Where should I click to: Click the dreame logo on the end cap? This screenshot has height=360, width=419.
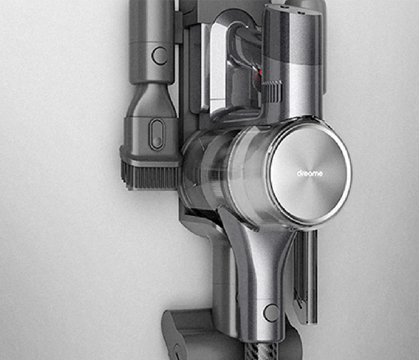[310, 174]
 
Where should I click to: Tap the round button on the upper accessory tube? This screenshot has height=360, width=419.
[160, 56]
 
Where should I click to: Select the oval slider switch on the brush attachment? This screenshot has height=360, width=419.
[157, 134]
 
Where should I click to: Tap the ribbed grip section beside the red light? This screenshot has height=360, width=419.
[272, 93]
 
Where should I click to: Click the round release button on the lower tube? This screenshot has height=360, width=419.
[271, 313]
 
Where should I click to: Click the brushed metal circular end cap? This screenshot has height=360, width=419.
[311, 174]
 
